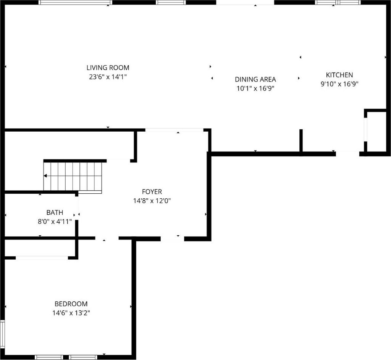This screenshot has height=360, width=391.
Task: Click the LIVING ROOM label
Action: (108, 67)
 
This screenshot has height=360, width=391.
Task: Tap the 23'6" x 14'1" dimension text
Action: (108, 77)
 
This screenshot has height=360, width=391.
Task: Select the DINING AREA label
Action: (255, 79)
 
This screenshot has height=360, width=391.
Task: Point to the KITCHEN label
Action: (339, 75)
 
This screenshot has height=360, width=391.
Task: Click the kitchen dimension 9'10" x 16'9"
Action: (339, 84)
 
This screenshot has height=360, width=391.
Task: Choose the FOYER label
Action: (152, 191)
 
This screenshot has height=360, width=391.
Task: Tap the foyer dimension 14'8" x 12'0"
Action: (152, 201)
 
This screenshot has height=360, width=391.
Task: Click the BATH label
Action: (55, 212)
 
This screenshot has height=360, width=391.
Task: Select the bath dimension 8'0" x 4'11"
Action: (55, 221)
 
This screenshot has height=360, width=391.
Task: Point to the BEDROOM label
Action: (71, 304)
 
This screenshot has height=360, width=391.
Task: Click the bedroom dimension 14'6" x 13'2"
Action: (71, 313)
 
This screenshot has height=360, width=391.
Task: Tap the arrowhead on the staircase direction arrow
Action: (45, 176)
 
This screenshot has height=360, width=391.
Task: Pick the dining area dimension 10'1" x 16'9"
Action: (255, 88)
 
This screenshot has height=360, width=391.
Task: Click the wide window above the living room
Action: (75, 3)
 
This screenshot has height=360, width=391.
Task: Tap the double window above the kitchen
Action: (338, 3)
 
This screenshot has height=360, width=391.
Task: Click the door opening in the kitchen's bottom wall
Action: (347, 154)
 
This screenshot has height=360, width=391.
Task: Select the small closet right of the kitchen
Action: (376, 132)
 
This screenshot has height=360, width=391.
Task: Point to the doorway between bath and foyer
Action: (77, 207)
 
